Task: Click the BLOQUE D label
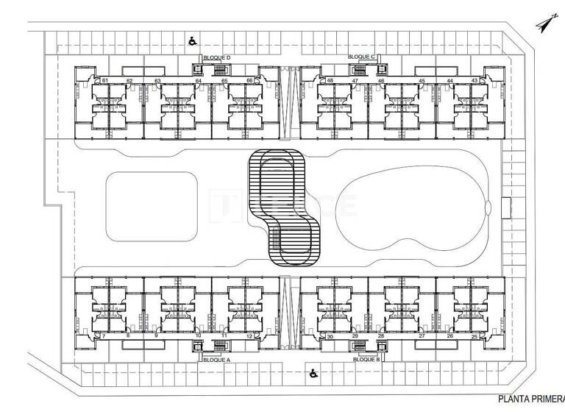coord(218,57)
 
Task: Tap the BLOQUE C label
coord(361,57)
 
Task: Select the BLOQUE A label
coord(217,360)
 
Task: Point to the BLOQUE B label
coord(366,360)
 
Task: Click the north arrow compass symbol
coord(545,24)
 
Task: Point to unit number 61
coord(106,80)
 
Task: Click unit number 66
coord(249,80)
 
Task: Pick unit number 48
coord(330,80)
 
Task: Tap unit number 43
coord(475,80)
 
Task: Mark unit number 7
coord(104,336)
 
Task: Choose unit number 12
coord(249,336)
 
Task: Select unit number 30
coord(330,336)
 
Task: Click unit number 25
coord(475,336)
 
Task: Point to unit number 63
coord(157,80)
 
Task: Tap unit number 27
coord(422,336)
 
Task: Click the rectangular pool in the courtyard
coord(151,206)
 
